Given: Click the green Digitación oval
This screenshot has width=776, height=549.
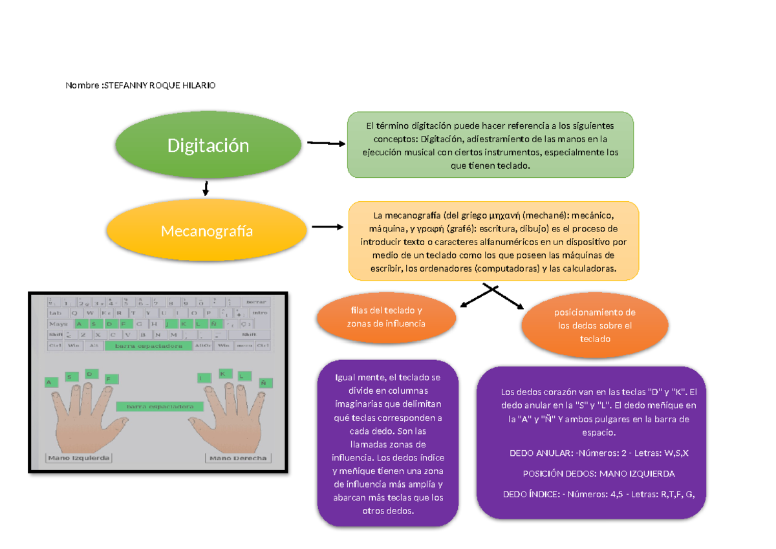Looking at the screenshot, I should (x=208, y=145).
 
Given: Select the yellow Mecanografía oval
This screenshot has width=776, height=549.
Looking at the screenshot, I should (x=208, y=231).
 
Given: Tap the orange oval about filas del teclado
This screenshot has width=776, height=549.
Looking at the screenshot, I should (x=386, y=317).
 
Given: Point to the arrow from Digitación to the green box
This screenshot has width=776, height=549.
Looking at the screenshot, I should (x=326, y=144).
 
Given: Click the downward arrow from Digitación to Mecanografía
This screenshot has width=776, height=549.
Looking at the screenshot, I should (x=206, y=188).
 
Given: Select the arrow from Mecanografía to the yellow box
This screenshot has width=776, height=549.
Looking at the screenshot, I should (x=327, y=227).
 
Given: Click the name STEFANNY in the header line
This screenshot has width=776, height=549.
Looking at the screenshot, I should (x=125, y=85).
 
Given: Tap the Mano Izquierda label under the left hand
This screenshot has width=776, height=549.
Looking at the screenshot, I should (x=78, y=458).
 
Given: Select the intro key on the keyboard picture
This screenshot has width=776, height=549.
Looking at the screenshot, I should (x=259, y=313).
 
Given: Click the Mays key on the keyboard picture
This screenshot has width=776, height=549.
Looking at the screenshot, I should (x=59, y=324).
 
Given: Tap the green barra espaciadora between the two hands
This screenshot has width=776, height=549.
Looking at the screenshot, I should (x=160, y=407).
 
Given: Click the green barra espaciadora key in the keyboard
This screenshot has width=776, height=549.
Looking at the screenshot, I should (x=148, y=346).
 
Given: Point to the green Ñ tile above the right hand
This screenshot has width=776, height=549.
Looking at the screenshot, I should (x=263, y=383).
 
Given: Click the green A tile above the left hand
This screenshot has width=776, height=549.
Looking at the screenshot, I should (x=48, y=383).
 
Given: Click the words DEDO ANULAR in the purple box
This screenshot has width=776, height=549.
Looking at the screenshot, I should (x=537, y=453).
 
